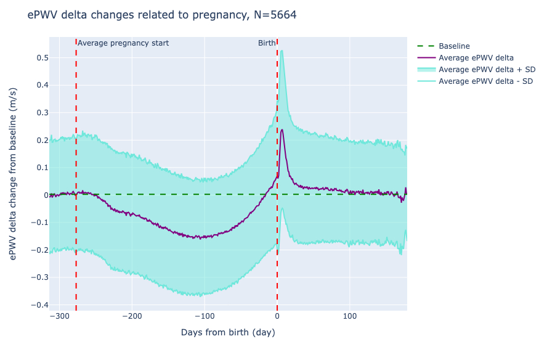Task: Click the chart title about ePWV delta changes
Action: (161, 15)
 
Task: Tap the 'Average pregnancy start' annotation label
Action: (123, 43)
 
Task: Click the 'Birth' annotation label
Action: (267, 43)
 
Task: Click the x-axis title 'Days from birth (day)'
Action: (228, 333)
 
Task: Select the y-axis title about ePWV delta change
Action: (14, 173)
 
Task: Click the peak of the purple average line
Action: (282, 129)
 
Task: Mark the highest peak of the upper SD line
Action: (282, 51)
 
